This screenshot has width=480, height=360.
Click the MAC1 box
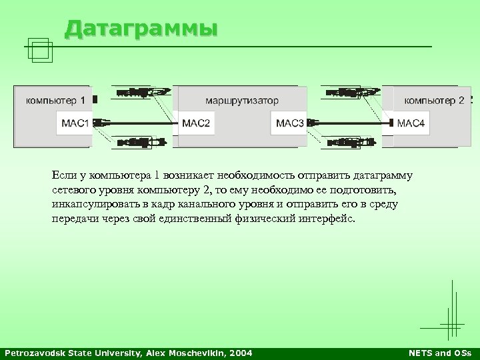(x=75, y=123)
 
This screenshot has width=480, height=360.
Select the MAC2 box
(x=196, y=123)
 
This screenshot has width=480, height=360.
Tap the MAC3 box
(x=290, y=123)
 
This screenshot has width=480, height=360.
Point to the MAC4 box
(x=410, y=123)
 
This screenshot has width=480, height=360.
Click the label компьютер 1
(x=55, y=101)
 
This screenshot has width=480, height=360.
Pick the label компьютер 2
(x=434, y=101)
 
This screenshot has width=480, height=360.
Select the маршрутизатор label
(x=242, y=101)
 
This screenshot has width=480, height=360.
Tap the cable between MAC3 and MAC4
(x=350, y=123)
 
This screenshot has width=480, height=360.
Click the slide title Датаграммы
(x=141, y=29)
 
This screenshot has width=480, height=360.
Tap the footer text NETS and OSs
(x=439, y=353)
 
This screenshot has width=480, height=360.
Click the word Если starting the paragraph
(x=63, y=175)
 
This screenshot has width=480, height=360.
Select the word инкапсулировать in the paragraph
(x=95, y=205)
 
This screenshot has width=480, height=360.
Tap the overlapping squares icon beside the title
(x=41, y=50)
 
